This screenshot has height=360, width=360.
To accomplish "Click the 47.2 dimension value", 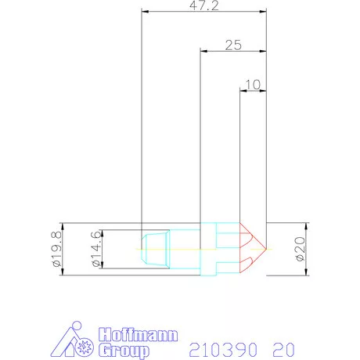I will pos(203,5).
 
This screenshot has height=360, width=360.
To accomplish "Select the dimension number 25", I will pos(232,45).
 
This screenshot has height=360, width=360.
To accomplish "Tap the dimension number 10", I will pos(252,83).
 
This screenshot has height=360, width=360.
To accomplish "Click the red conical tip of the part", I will pos(252,247).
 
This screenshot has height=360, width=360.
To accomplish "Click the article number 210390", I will pos(218,346).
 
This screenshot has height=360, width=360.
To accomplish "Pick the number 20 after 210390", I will pos(283,346).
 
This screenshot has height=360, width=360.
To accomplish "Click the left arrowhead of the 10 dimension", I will pos(242,92).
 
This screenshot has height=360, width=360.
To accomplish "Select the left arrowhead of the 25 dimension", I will pos(204,52).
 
